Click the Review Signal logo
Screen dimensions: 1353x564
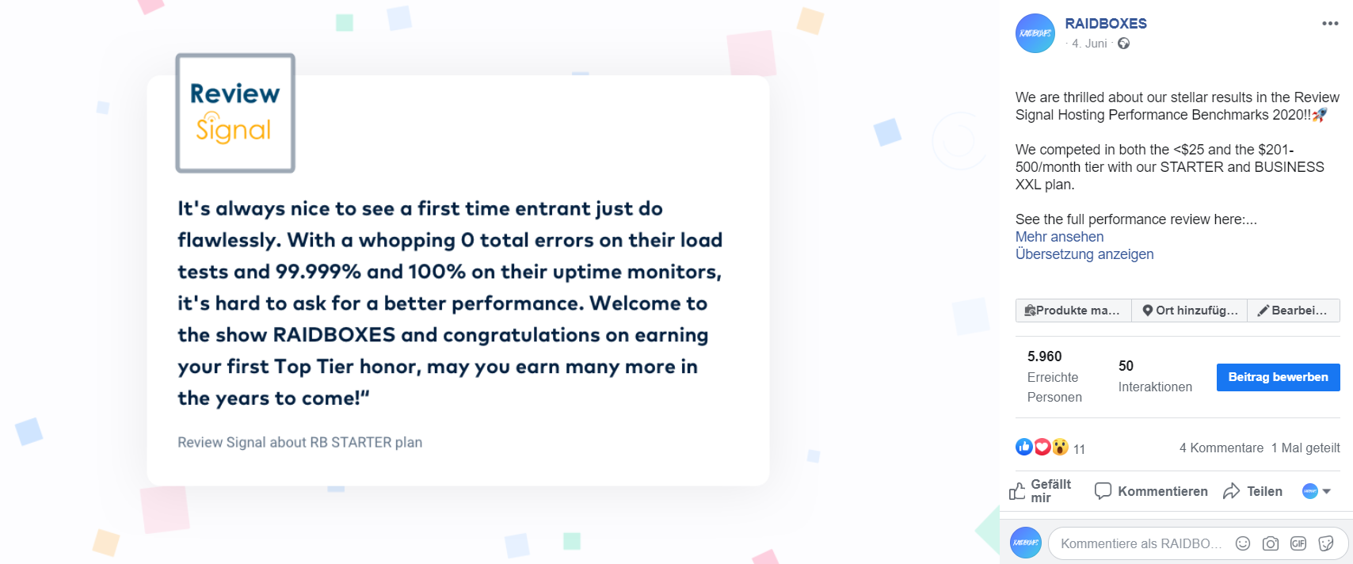coord(235,113)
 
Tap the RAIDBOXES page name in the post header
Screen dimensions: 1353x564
coord(1105,24)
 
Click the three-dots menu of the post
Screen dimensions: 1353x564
coord(1330,24)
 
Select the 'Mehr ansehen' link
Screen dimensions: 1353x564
coord(1059,237)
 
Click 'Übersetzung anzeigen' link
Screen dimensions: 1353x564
coord(1084,254)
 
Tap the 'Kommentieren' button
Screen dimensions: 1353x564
coord(1151,491)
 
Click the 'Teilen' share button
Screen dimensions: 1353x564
coord(1252,492)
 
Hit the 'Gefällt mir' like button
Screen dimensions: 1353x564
coord(1040,491)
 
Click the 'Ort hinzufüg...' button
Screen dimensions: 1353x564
coord(1189,311)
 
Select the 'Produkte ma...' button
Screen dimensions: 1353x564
coord(1073,311)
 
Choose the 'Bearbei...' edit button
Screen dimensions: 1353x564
coord(1294,311)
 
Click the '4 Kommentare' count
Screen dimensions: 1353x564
coord(1222,448)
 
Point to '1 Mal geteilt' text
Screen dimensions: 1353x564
coord(1305,448)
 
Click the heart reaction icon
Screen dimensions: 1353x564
coord(1042,447)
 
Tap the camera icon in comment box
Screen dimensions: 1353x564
coord(1271,543)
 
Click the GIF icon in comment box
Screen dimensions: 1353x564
coord(1298,543)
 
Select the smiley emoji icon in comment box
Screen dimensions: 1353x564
coord(1242,543)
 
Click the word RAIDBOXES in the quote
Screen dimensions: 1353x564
coord(334,335)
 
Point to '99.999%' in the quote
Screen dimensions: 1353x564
coord(318,272)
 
